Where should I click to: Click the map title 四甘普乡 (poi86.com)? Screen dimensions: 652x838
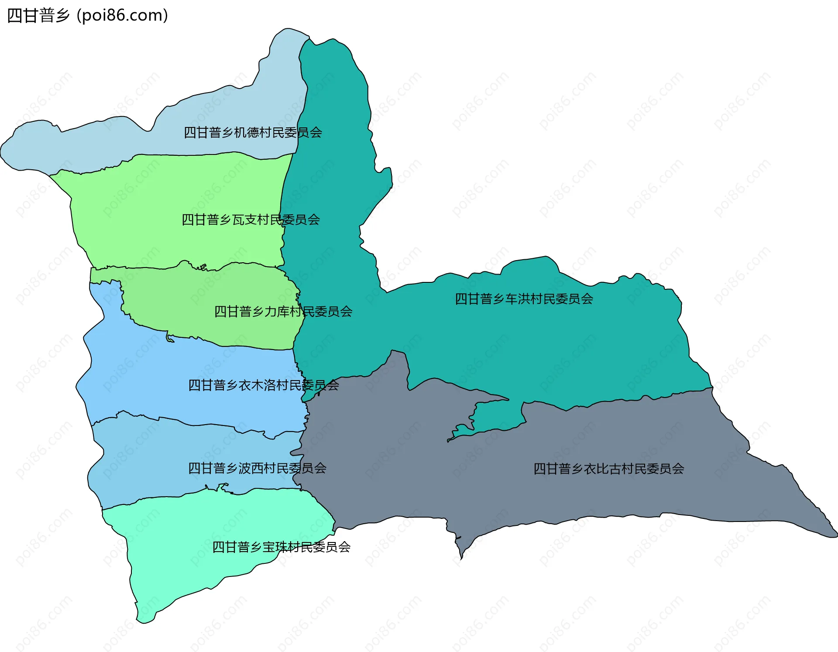(87, 15)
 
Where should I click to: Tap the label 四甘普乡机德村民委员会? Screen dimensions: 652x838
(253, 132)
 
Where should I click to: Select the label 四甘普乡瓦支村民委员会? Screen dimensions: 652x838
(251, 220)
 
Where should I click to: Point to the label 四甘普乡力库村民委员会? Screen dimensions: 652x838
(283, 311)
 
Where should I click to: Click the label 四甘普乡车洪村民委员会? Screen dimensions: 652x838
(524, 299)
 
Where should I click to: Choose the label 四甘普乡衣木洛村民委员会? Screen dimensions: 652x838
(263, 385)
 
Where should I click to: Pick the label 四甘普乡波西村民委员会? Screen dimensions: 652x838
(257, 468)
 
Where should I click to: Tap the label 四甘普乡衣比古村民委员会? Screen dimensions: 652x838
(608, 469)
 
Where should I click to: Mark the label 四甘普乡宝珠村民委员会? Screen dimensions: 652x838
(281, 547)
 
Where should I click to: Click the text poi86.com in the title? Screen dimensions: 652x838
(122, 15)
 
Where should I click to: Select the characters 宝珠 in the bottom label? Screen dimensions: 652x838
(275, 547)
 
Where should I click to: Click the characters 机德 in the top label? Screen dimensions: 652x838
(247, 132)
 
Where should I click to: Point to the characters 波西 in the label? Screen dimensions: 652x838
(251, 468)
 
